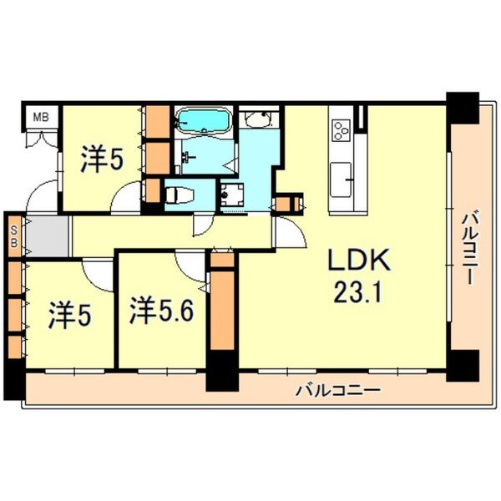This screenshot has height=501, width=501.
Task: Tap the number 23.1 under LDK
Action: tap(357, 293)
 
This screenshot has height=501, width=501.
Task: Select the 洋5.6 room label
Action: tap(161, 312)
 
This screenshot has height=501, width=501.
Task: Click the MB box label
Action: tap(40, 117)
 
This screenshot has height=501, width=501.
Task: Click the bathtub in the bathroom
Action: tap(204, 122)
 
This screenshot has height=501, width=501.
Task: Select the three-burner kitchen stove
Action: tap(342, 130)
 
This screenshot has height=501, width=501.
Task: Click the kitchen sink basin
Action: tap(342, 176)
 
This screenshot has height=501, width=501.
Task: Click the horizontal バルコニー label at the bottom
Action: tap(338, 390)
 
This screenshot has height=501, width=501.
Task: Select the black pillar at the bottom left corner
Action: tap(13, 379)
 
